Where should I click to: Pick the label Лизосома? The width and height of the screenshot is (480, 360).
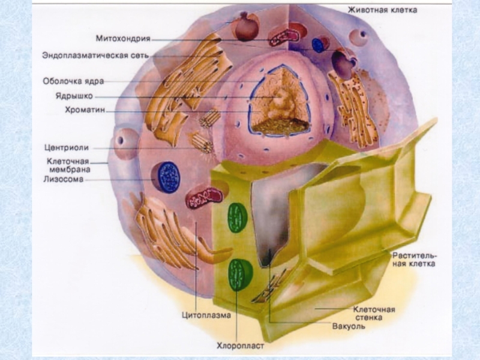(x=64, y=178)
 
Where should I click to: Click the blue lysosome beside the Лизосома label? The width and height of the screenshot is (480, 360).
(x=169, y=177)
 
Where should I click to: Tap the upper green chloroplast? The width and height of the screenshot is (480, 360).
(x=238, y=218)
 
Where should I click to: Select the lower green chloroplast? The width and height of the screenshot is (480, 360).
(x=240, y=274)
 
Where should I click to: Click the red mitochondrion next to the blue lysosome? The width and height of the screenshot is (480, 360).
(x=205, y=197)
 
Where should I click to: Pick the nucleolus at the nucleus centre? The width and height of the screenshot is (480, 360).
(x=277, y=103)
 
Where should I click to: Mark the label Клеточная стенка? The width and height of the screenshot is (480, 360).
(x=373, y=313)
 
